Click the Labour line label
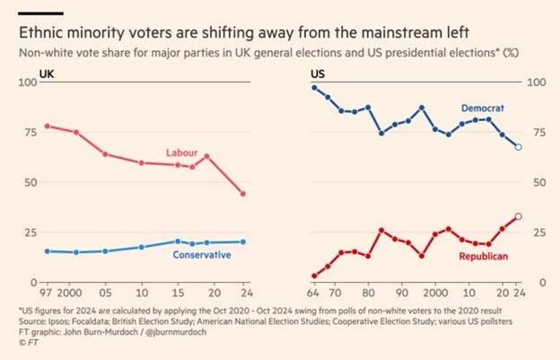coord(181,153)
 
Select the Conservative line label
coord(202,255)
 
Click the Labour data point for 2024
coord(243,194)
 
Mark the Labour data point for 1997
coord(47,126)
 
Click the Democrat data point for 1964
coord(314,87)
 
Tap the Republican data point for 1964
coord(314,276)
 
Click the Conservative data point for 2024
coord(243,241)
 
